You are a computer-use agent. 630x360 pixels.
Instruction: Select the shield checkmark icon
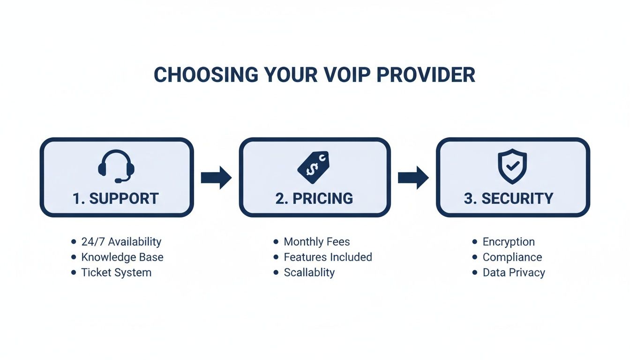tap(512, 166)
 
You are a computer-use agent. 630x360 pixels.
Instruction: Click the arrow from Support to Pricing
tap(216, 178)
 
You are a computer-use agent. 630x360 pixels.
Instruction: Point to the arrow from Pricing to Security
tap(413, 178)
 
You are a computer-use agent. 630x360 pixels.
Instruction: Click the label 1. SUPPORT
tap(116, 198)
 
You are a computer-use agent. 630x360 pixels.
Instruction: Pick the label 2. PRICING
tap(314, 198)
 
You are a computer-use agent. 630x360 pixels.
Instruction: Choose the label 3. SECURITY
tap(509, 198)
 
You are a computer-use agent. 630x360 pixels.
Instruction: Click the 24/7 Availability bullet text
tap(121, 242)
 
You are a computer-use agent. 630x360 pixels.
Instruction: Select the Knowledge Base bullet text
tap(122, 257)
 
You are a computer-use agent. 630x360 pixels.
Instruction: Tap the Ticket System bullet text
tap(116, 272)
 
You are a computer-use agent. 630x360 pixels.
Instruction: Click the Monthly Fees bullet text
tap(317, 242)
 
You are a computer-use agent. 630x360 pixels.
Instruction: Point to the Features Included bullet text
tap(328, 257)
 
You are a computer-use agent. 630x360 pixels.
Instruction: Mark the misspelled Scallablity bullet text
tap(309, 272)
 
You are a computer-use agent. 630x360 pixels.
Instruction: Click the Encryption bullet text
tap(509, 242)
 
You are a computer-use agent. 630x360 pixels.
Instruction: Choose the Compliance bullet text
tap(512, 257)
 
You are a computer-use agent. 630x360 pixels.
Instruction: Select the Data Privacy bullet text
tap(514, 272)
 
